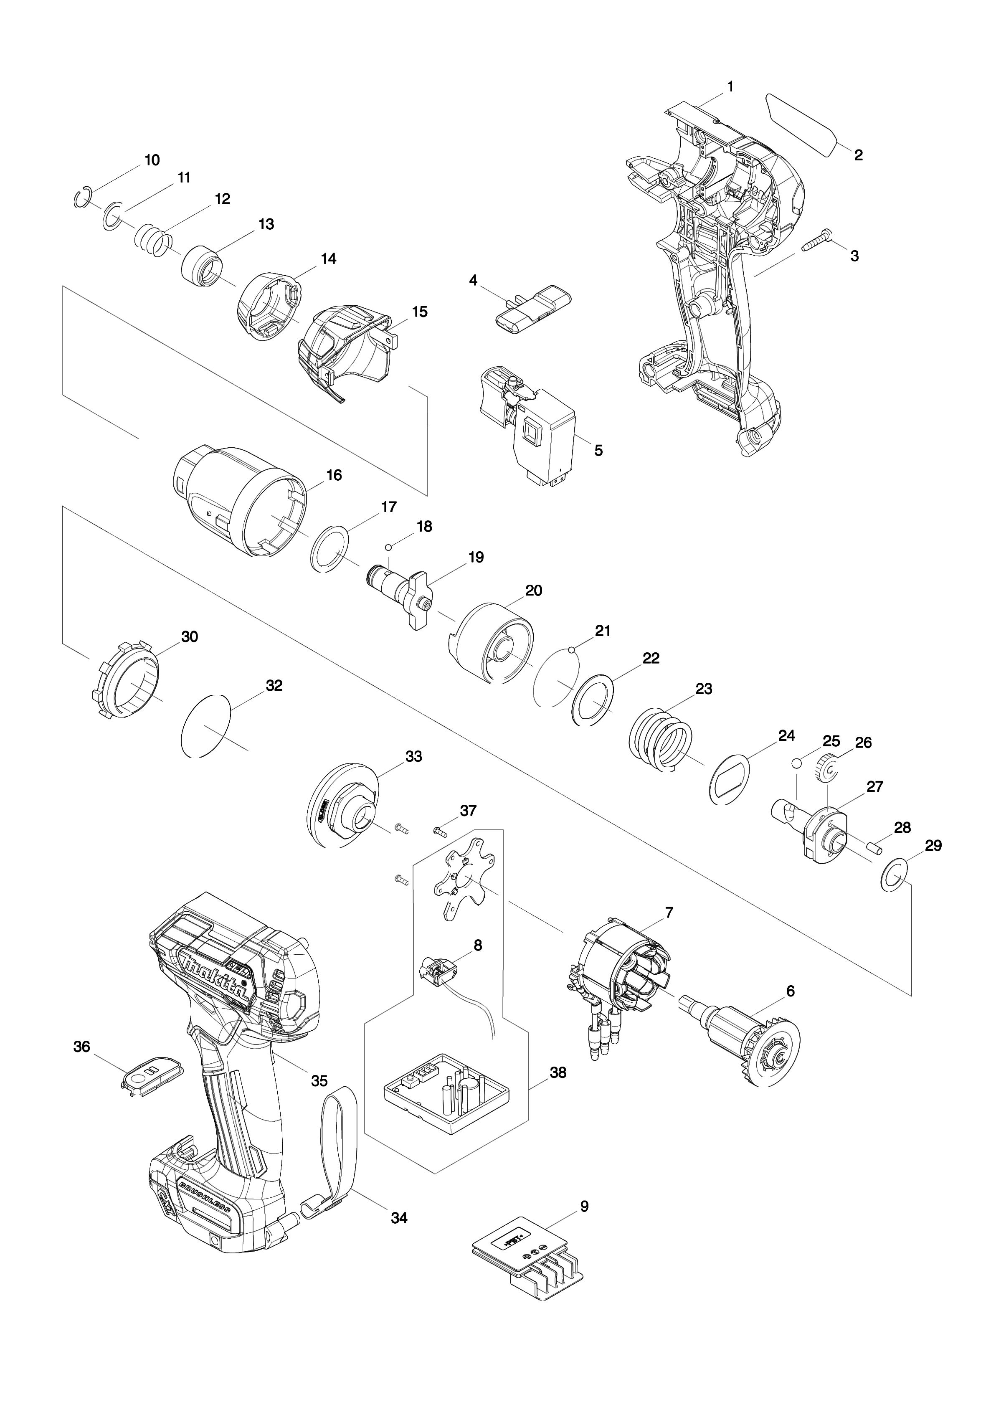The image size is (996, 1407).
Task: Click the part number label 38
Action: pos(558,1073)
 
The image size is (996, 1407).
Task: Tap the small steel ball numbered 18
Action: pos(388,547)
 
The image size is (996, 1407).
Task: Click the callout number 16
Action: pos(334,475)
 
